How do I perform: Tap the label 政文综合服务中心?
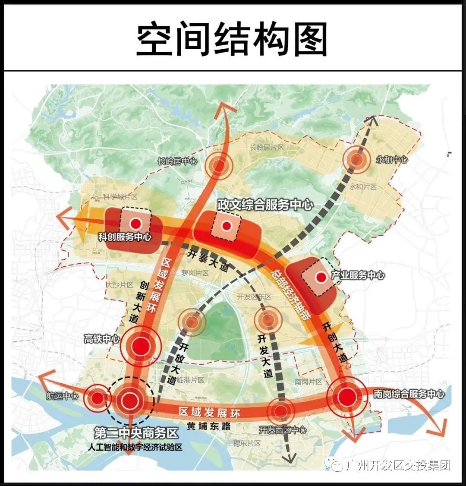click(x=265, y=204)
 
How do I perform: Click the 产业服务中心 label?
click(x=358, y=275)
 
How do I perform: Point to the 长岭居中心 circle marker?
click(x=218, y=164)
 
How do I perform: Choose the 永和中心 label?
click(x=392, y=160)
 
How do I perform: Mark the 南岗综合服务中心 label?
click(x=408, y=394)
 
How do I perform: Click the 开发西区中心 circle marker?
click(x=280, y=410)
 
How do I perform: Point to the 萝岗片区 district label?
click(x=195, y=273)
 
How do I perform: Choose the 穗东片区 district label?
click(x=247, y=443)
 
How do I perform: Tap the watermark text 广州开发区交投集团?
click(x=398, y=465)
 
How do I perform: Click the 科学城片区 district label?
click(x=120, y=197)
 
